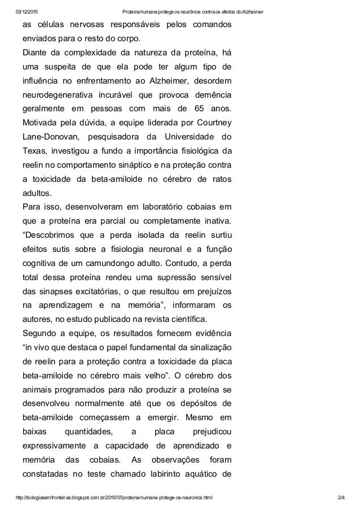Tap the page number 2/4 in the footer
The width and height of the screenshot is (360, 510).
pos(339,497)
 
